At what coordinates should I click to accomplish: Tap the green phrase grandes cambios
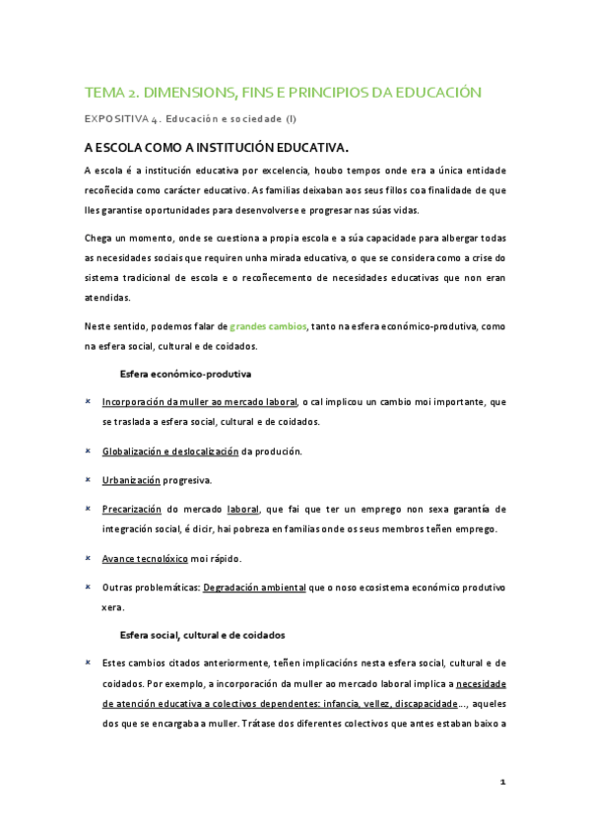(268, 325)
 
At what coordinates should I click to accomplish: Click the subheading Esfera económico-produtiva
(185, 375)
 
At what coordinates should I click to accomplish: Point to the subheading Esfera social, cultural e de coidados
(202, 634)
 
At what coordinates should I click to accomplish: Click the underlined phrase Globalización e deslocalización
(170, 451)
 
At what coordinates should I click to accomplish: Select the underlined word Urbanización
(131, 480)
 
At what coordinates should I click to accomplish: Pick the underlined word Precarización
(133, 510)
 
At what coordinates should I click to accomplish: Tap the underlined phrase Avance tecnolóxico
(144, 558)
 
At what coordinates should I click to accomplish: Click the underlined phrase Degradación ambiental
(253, 588)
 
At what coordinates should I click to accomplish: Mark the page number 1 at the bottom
(502, 782)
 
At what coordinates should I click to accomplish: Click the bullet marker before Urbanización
(89, 480)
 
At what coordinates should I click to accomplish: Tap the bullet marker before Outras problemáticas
(89, 588)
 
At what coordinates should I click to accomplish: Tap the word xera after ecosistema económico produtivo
(113, 607)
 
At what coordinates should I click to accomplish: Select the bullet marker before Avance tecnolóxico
(89, 558)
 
